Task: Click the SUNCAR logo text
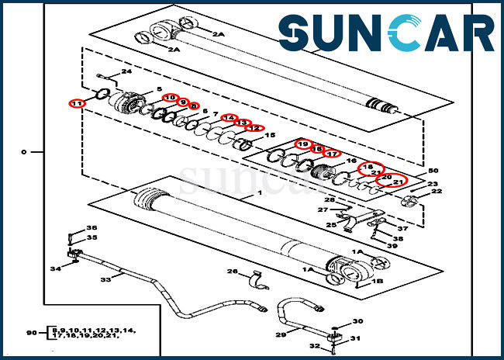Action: point(386,35)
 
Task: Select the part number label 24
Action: point(126,72)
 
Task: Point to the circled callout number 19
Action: point(302,144)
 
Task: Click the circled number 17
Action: point(332,154)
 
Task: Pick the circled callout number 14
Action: point(229,118)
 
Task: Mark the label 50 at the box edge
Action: point(433,171)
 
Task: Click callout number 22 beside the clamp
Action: point(437,191)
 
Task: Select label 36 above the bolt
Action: point(91,228)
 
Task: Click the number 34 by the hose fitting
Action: point(55,268)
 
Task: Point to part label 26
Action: point(231,271)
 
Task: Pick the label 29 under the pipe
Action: point(281,334)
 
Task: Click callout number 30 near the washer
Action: point(357,321)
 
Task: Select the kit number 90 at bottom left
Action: point(32,333)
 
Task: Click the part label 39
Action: point(392,246)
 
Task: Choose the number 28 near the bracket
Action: point(330,201)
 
